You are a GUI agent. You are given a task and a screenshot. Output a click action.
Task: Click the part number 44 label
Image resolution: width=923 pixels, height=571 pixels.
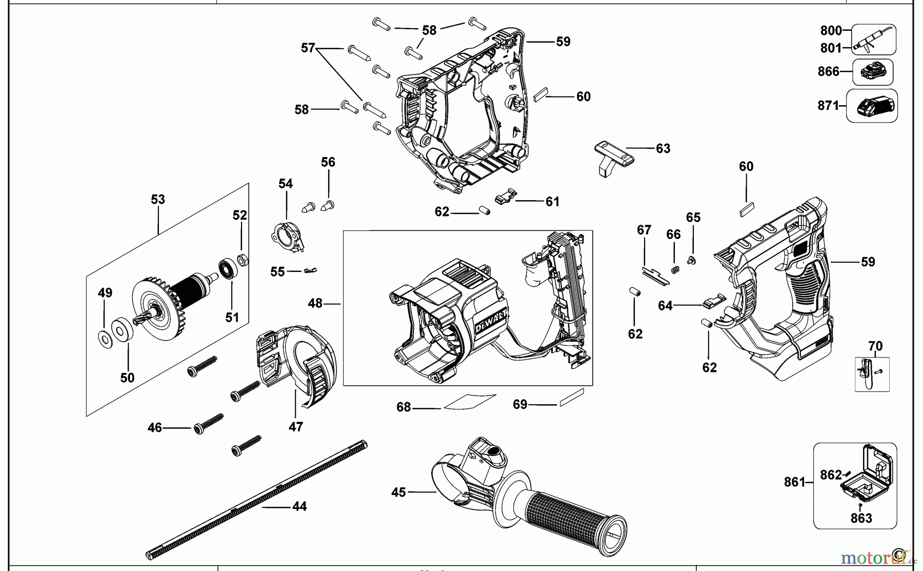click(x=299, y=506)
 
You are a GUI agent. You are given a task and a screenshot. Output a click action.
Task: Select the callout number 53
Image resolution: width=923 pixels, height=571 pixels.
click(x=158, y=200)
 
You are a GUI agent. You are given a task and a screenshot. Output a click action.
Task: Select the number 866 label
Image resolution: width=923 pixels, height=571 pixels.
click(x=828, y=72)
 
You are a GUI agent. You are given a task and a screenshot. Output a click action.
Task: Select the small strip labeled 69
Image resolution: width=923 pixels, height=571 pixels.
click(x=572, y=397)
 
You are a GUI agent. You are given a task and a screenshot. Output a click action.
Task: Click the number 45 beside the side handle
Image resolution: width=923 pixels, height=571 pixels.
click(x=398, y=493)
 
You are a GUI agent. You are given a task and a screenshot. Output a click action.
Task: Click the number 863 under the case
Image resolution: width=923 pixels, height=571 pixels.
click(x=861, y=518)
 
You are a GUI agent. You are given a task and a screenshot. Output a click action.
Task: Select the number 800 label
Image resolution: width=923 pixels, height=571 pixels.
click(x=831, y=31)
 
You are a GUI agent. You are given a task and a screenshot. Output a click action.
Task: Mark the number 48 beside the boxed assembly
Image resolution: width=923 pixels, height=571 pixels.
click(x=315, y=304)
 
